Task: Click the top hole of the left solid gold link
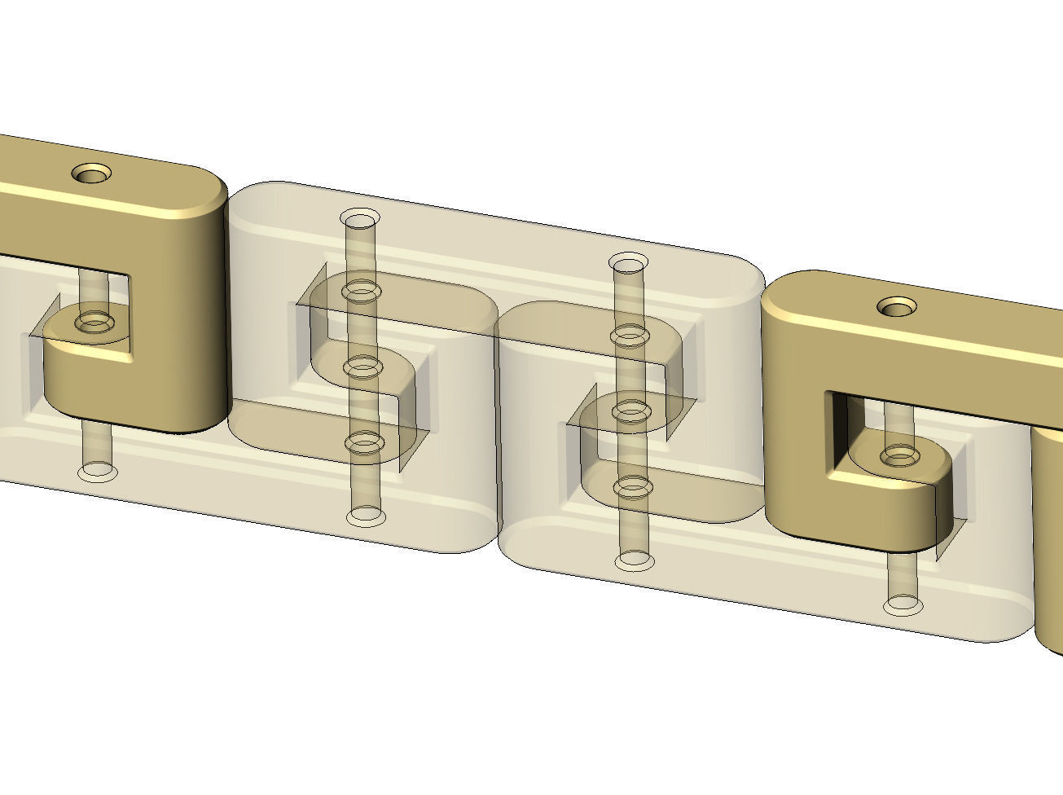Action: [92, 173]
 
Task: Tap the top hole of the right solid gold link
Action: [898, 307]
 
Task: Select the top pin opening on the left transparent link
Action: [359, 219]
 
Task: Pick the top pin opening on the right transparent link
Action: [629, 263]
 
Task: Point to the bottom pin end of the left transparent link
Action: [365, 516]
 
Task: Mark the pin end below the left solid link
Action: [96, 471]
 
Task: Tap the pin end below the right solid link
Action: [903, 605]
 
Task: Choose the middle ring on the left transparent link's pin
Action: [362, 367]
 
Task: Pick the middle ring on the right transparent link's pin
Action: [630, 412]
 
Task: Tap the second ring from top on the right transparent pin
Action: [629, 334]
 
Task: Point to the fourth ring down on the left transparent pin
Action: [364, 443]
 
